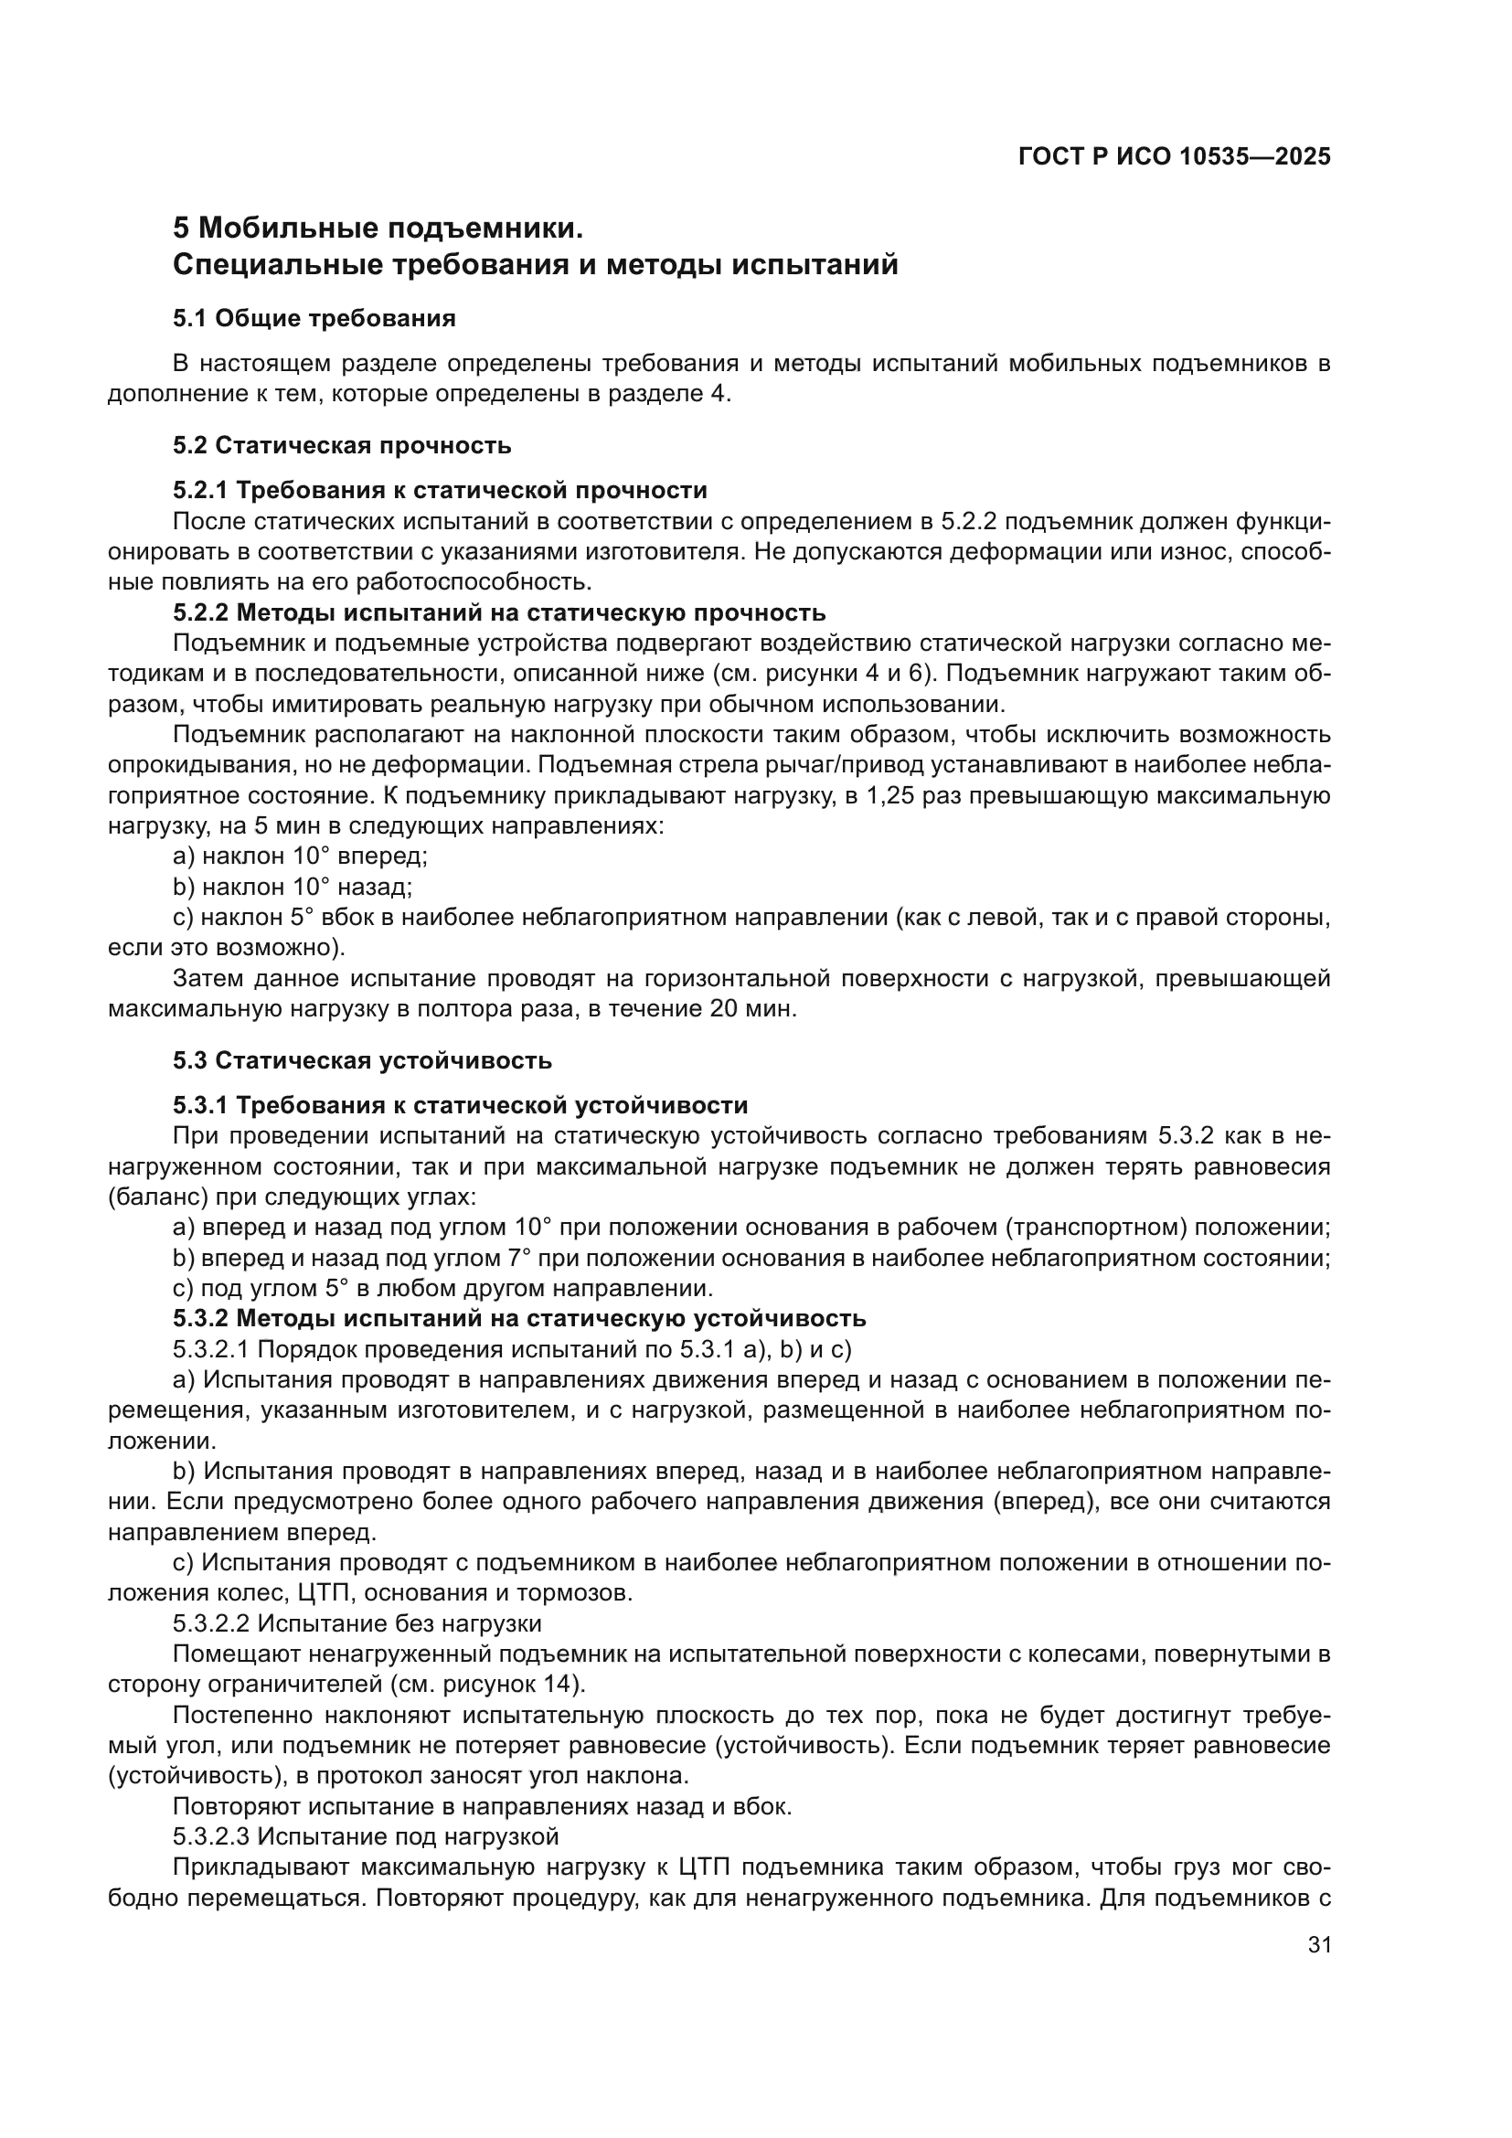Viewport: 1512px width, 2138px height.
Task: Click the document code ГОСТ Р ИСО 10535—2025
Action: tap(1174, 156)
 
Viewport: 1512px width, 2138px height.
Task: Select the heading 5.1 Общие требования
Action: tap(314, 318)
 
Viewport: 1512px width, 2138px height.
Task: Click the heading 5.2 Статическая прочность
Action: tap(342, 445)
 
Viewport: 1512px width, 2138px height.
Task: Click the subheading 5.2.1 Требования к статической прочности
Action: tap(440, 490)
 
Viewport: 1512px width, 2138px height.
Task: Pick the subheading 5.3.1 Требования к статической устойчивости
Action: tap(460, 1105)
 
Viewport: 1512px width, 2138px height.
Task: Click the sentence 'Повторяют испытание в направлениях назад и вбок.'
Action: tap(482, 1806)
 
